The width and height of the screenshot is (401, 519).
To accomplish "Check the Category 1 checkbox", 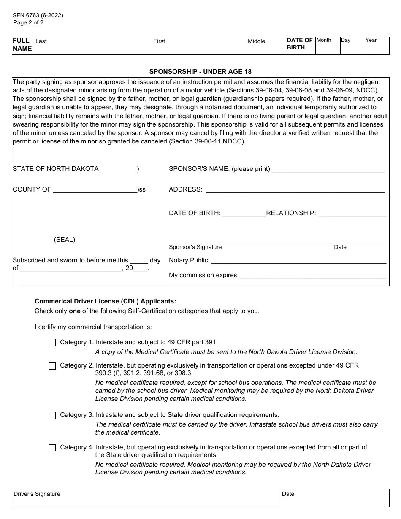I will (x=52, y=343).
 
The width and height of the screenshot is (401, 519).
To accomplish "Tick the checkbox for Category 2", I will (x=52, y=366).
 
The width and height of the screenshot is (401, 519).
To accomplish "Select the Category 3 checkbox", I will (x=52, y=415).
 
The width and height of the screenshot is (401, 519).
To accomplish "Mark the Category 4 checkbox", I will (x=52, y=448).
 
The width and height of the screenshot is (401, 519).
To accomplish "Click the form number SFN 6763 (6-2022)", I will (x=38, y=15).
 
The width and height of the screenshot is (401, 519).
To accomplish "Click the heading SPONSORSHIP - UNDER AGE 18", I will (x=200, y=72).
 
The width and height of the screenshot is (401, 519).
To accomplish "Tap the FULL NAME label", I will (x=22, y=44).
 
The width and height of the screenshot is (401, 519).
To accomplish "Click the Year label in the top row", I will (x=371, y=40).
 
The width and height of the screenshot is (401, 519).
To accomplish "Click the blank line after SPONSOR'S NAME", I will (x=328, y=170).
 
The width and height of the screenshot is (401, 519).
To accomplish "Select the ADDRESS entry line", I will (x=295, y=190).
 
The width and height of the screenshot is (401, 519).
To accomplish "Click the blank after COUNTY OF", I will (x=95, y=190).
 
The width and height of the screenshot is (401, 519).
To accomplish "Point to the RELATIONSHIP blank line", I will (x=352, y=214).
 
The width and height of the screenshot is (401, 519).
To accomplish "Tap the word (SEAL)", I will (x=65, y=240).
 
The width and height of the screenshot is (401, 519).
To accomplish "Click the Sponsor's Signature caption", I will (x=195, y=247).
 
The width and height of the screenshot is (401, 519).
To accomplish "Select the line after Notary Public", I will (x=298, y=261).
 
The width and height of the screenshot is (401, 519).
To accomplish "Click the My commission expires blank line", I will (x=313, y=276).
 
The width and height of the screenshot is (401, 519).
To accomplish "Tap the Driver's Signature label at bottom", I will (x=37, y=494).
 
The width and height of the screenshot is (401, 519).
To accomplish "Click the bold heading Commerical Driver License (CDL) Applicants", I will (x=105, y=301).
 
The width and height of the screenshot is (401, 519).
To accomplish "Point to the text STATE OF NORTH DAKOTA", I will (x=56, y=169).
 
